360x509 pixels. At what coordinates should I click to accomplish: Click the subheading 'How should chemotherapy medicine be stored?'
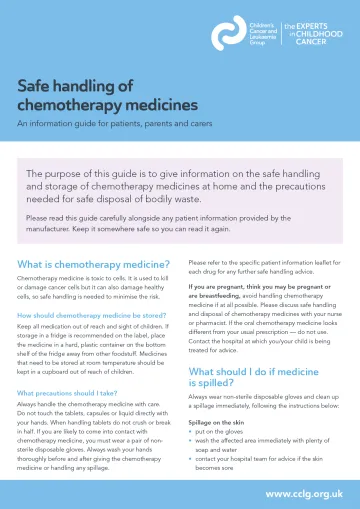[92, 316]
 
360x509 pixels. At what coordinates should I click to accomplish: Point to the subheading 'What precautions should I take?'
[69, 393]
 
